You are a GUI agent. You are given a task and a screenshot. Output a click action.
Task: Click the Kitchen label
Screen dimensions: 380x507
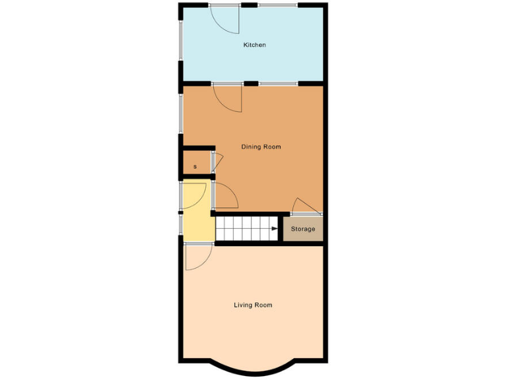coord(254,45)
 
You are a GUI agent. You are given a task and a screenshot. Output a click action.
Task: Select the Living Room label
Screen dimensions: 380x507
coord(253,305)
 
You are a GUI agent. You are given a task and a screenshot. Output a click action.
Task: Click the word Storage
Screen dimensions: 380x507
coord(303,229)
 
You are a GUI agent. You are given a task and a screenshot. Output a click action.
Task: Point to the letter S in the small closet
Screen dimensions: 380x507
coord(195,167)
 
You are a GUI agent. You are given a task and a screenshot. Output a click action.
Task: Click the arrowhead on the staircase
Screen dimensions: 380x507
coord(274,230)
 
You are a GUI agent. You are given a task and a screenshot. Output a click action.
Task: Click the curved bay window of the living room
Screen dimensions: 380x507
coord(253,369)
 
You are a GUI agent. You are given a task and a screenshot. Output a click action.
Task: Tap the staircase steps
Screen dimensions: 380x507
coord(244,230)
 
